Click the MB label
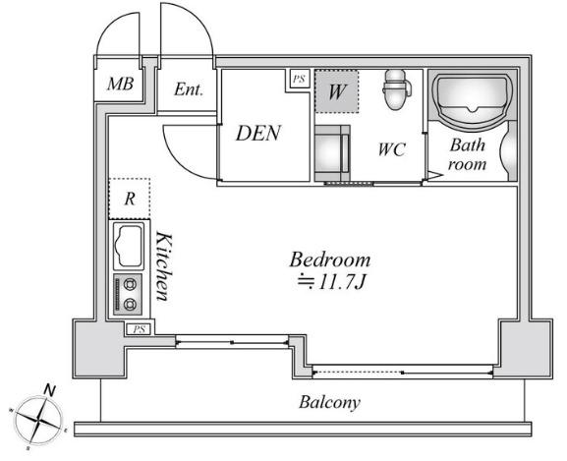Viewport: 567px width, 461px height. pyautogui.click(x=121, y=84)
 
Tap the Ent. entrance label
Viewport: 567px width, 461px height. pyautogui.click(x=189, y=89)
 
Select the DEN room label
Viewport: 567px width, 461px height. pyautogui.click(x=258, y=133)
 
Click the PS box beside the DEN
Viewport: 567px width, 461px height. pyautogui.click(x=299, y=79)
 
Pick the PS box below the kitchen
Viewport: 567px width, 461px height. pyautogui.click(x=140, y=329)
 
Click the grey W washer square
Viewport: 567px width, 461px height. pyautogui.click(x=336, y=91)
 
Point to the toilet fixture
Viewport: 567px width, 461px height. pyautogui.click(x=396, y=88)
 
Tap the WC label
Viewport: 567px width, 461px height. pyautogui.click(x=391, y=149)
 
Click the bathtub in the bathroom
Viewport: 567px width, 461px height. pyautogui.click(x=473, y=97)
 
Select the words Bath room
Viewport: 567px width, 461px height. pyautogui.click(x=467, y=154)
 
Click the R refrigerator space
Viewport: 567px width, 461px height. pyautogui.click(x=130, y=199)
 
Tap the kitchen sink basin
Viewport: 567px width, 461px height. pyautogui.click(x=128, y=247)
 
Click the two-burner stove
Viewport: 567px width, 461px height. pyautogui.click(x=128, y=295)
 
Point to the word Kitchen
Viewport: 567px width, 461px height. pyautogui.click(x=163, y=266)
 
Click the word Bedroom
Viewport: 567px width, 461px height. pyautogui.click(x=330, y=259)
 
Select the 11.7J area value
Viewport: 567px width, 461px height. pyautogui.click(x=342, y=283)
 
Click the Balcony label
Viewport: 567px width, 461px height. pyautogui.click(x=329, y=402)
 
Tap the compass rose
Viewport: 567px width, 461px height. pyautogui.click(x=37, y=422)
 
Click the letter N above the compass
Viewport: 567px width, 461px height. pyautogui.click(x=50, y=390)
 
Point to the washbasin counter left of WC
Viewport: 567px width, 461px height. pyautogui.click(x=332, y=153)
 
